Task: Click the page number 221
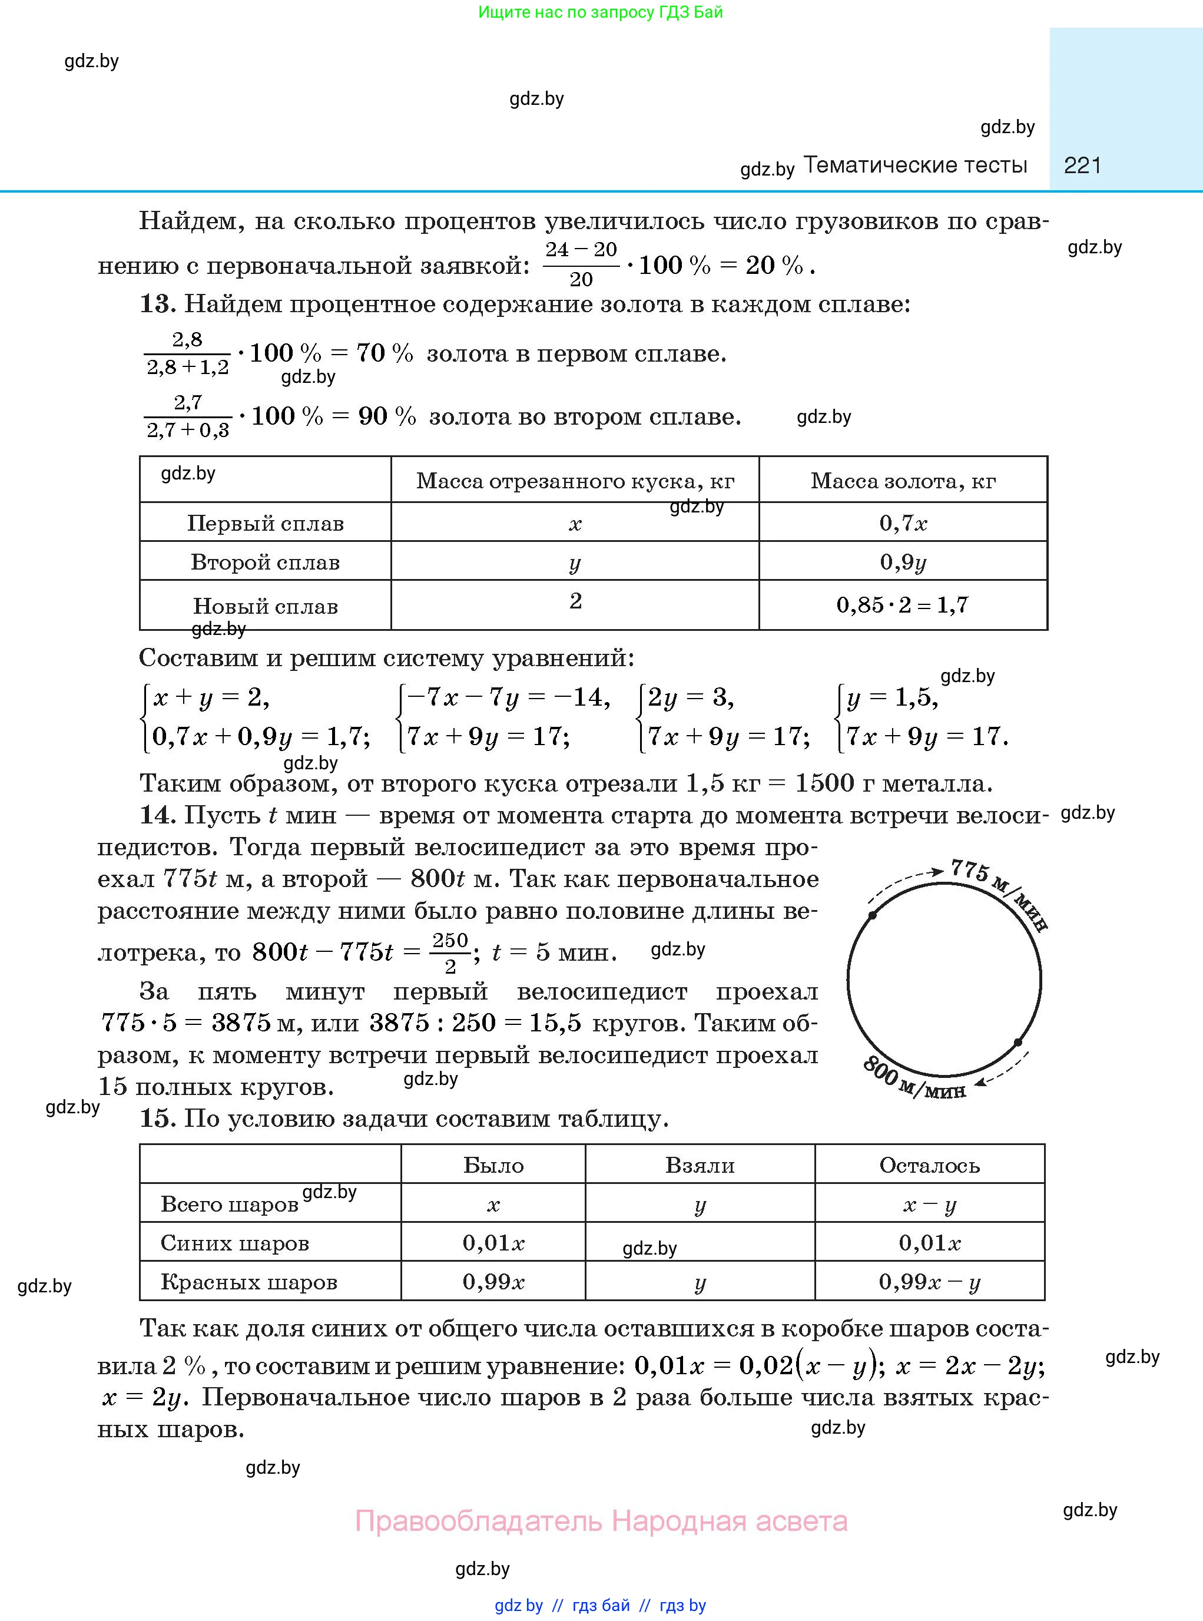pos(1082,166)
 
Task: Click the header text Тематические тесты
pos(916,166)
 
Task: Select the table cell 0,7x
pos(903,522)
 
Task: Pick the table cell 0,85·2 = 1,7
pos(902,605)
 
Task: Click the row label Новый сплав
pos(265,606)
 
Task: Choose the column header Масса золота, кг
pos(903,481)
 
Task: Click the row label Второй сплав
pos(265,563)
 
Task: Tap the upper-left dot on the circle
pos(873,915)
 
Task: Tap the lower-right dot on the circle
pos(1018,1043)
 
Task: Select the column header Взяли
pos(700,1165)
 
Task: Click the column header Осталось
pos(929,1165)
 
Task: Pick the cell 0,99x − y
pos(929,1282)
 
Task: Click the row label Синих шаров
pos(234,1243)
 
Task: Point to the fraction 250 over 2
pos(450,953)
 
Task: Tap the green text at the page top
pos(600,12)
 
